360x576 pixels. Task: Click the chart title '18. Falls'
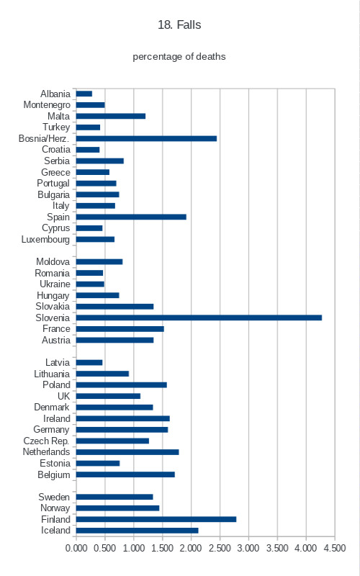(179, 25)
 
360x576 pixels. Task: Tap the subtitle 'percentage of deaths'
(179, 57)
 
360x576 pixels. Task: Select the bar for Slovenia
(199, 318)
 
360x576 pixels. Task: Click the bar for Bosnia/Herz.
(147, 138)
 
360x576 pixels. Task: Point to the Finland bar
(156, 519)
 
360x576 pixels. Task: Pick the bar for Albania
(84, 94)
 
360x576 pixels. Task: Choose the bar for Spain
(131, 217)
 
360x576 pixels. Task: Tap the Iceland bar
(138, 531)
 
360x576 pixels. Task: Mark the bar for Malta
(111, 116)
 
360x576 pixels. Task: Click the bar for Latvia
(89, 363)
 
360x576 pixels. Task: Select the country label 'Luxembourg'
(45, 240)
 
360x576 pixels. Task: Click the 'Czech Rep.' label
(46, 441)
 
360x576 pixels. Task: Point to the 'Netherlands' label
(46, 452)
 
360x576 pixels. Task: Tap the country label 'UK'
(63, 396)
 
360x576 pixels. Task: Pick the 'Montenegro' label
(47, 105)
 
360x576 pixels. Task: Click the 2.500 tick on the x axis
(220, 548)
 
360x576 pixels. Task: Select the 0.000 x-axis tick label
(76, 548)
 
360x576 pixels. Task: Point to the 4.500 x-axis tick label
(335, 548)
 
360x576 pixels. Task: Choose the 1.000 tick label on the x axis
(134, 548)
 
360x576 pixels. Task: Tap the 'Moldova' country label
(53, 261)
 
